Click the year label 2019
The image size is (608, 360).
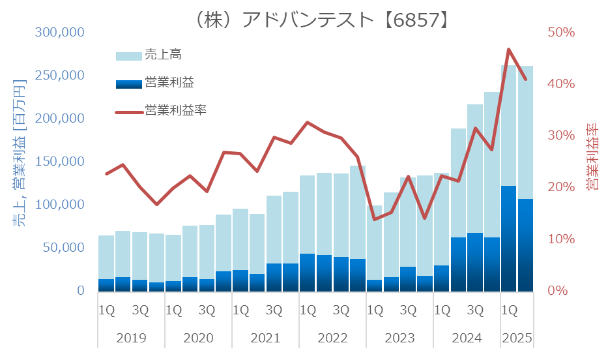coord(131,339)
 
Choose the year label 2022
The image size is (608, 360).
coord(332,339)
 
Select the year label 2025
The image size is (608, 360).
coord(517,339)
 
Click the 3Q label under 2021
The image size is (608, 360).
coord(274,309)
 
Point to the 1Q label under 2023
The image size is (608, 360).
coord(375,309)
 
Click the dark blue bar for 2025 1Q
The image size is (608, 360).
coord(509,238)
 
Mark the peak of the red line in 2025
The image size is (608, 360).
coord(509,50)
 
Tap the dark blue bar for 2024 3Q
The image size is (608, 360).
coord(475,262)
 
